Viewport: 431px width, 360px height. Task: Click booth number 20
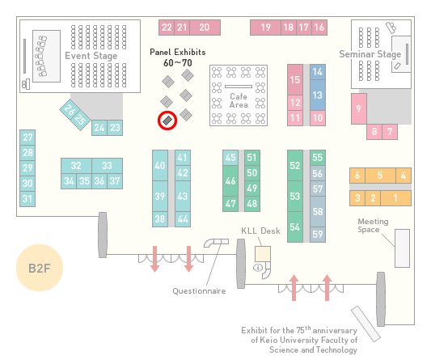point(205,28)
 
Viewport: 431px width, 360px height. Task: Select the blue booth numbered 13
point(318,95)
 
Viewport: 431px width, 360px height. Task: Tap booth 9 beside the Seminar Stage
point(359,109)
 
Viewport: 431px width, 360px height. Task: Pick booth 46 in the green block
point(230,181)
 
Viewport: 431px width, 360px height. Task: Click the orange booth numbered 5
point(380,176)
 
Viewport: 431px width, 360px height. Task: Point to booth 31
point(27,198)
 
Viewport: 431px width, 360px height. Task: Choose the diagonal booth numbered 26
point(70,110)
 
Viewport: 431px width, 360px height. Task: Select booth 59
point(318,235)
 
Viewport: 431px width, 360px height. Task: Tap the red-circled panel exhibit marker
point(167,121)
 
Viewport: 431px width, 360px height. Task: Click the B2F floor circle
point(40,268)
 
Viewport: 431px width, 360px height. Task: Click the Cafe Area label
point(239,100)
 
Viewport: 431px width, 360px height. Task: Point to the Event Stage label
point(91,56)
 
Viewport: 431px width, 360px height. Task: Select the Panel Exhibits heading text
point(178,53)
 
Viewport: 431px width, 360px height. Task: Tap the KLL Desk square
point(263,254)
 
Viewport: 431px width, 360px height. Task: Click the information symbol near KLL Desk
point(258,267)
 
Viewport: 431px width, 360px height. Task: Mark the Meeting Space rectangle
point(402,248)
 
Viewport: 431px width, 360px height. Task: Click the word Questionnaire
point(199,291)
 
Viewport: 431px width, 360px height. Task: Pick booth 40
point(160,166)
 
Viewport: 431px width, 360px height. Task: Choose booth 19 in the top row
point(265,28)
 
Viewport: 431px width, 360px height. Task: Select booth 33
point(107,166)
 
